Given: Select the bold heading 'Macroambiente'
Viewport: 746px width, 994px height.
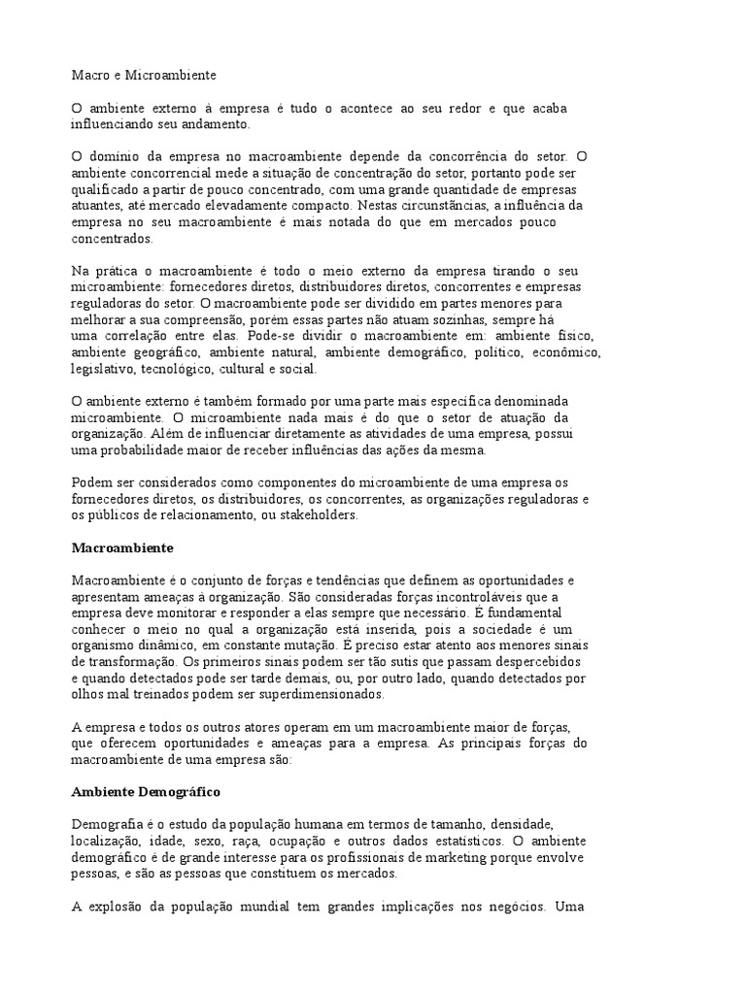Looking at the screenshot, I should click(122, 547).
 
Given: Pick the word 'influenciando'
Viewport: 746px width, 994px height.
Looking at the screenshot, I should click(114, 124).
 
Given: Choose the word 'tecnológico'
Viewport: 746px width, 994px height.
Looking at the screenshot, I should click(178, 369).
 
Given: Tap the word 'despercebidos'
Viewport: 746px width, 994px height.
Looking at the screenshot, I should click(540, 662).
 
